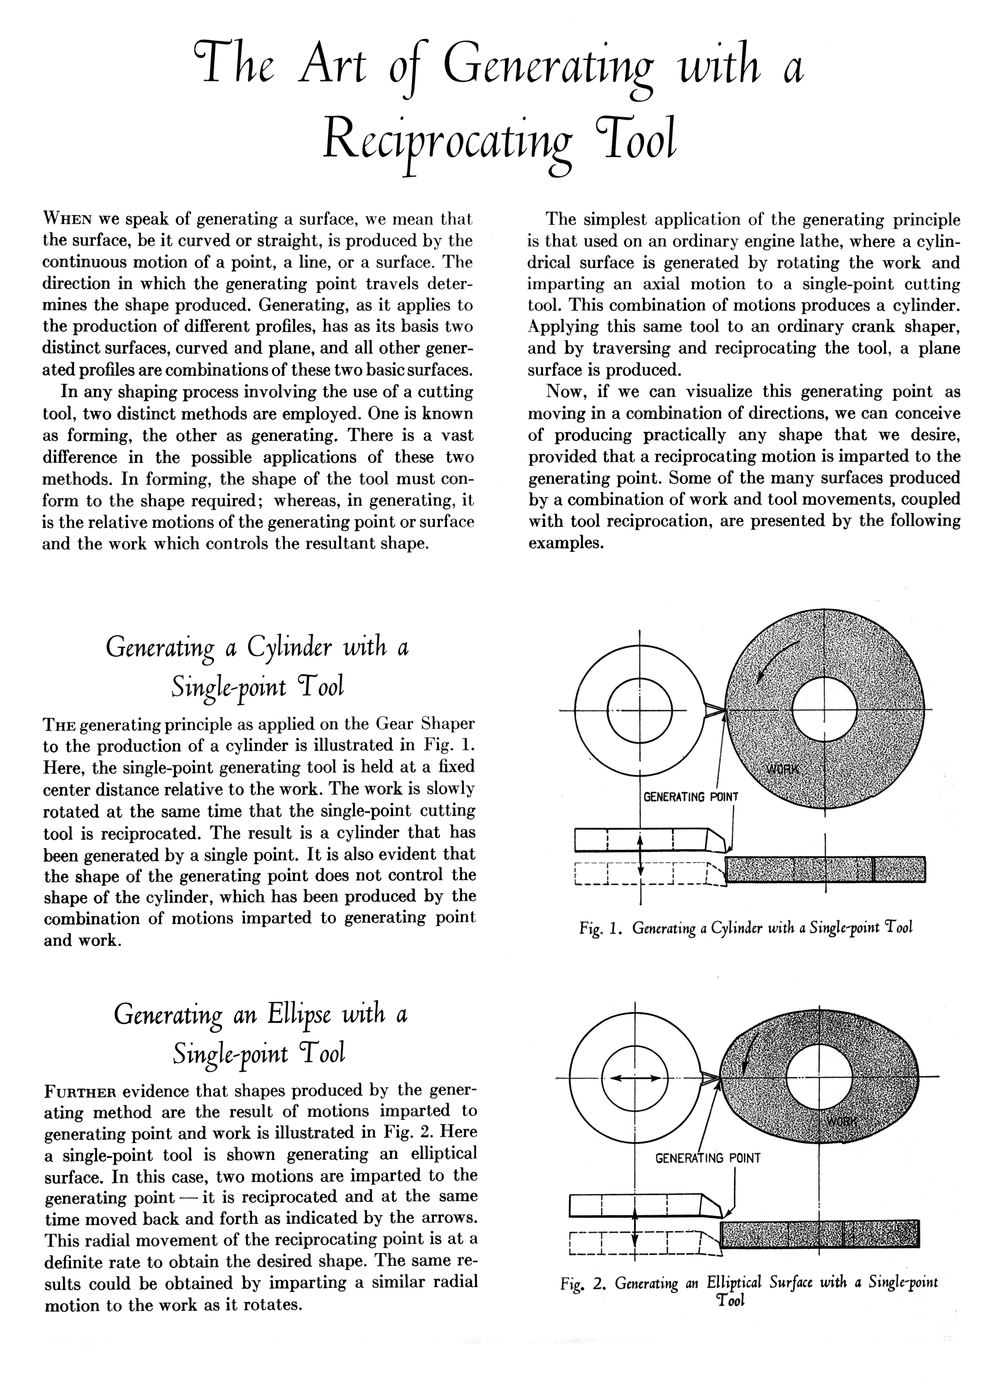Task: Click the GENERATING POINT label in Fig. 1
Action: (x=691, y=796)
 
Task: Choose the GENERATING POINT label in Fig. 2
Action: (x=707, y=1158)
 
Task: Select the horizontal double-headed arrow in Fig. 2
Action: (x=635, y=1078)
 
